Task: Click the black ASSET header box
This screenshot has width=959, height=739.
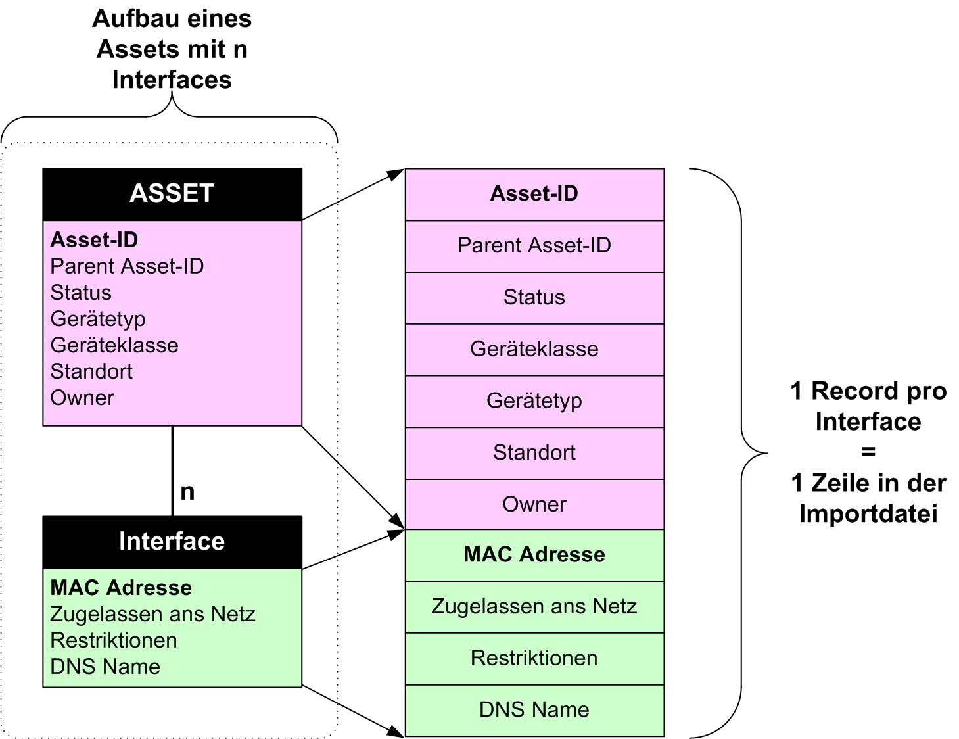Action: pyautogui.click(x=172, y=194)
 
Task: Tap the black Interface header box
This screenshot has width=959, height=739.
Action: pyautogui.click(x=172, y=542)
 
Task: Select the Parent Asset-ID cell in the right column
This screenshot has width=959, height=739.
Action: pyautogui.click(x=534, y=246)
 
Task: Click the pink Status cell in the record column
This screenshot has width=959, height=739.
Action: pyautogui.click(x=534, y=298)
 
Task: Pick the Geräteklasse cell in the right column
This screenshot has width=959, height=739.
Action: pyautogui.click(x=534, y=349)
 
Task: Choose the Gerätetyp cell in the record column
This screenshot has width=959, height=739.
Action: pyautogui.click(x=534, y=401)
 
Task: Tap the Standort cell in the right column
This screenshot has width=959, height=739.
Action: pyautogui.click(x=534, y=453)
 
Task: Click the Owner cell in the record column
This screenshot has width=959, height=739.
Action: pyautogui.click(x=534, y=504)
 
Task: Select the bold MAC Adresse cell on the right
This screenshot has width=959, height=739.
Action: pyautogui.click(x=534, y=555)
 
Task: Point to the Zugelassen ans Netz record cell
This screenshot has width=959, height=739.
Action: pyautogui.click(x=534, y=606)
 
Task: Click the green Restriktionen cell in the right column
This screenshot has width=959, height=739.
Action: pyautogui.click(x=534, y=658)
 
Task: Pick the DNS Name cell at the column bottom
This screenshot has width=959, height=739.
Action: pyautogui.click(x=534, y=710)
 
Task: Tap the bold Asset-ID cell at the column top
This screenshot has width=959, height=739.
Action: pyautogui.click(x=534, y=194)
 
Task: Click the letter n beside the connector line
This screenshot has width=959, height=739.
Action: pyautogui.click(x=187, y=492)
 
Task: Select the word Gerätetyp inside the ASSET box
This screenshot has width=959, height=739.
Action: pyautogui.click(x=98, y=319)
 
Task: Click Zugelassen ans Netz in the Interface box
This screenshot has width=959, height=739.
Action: pyautogui.click(x=152, y=614)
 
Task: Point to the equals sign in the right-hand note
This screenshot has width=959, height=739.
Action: pyautogui.click(x=868, y=452)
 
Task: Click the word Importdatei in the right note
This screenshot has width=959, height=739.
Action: pyautogui.click(x=868, y=513)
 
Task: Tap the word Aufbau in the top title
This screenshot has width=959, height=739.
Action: pyautogui.click(x=134, y=18)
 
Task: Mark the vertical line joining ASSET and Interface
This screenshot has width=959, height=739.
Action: pyautogui.click(x=172, y=470)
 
